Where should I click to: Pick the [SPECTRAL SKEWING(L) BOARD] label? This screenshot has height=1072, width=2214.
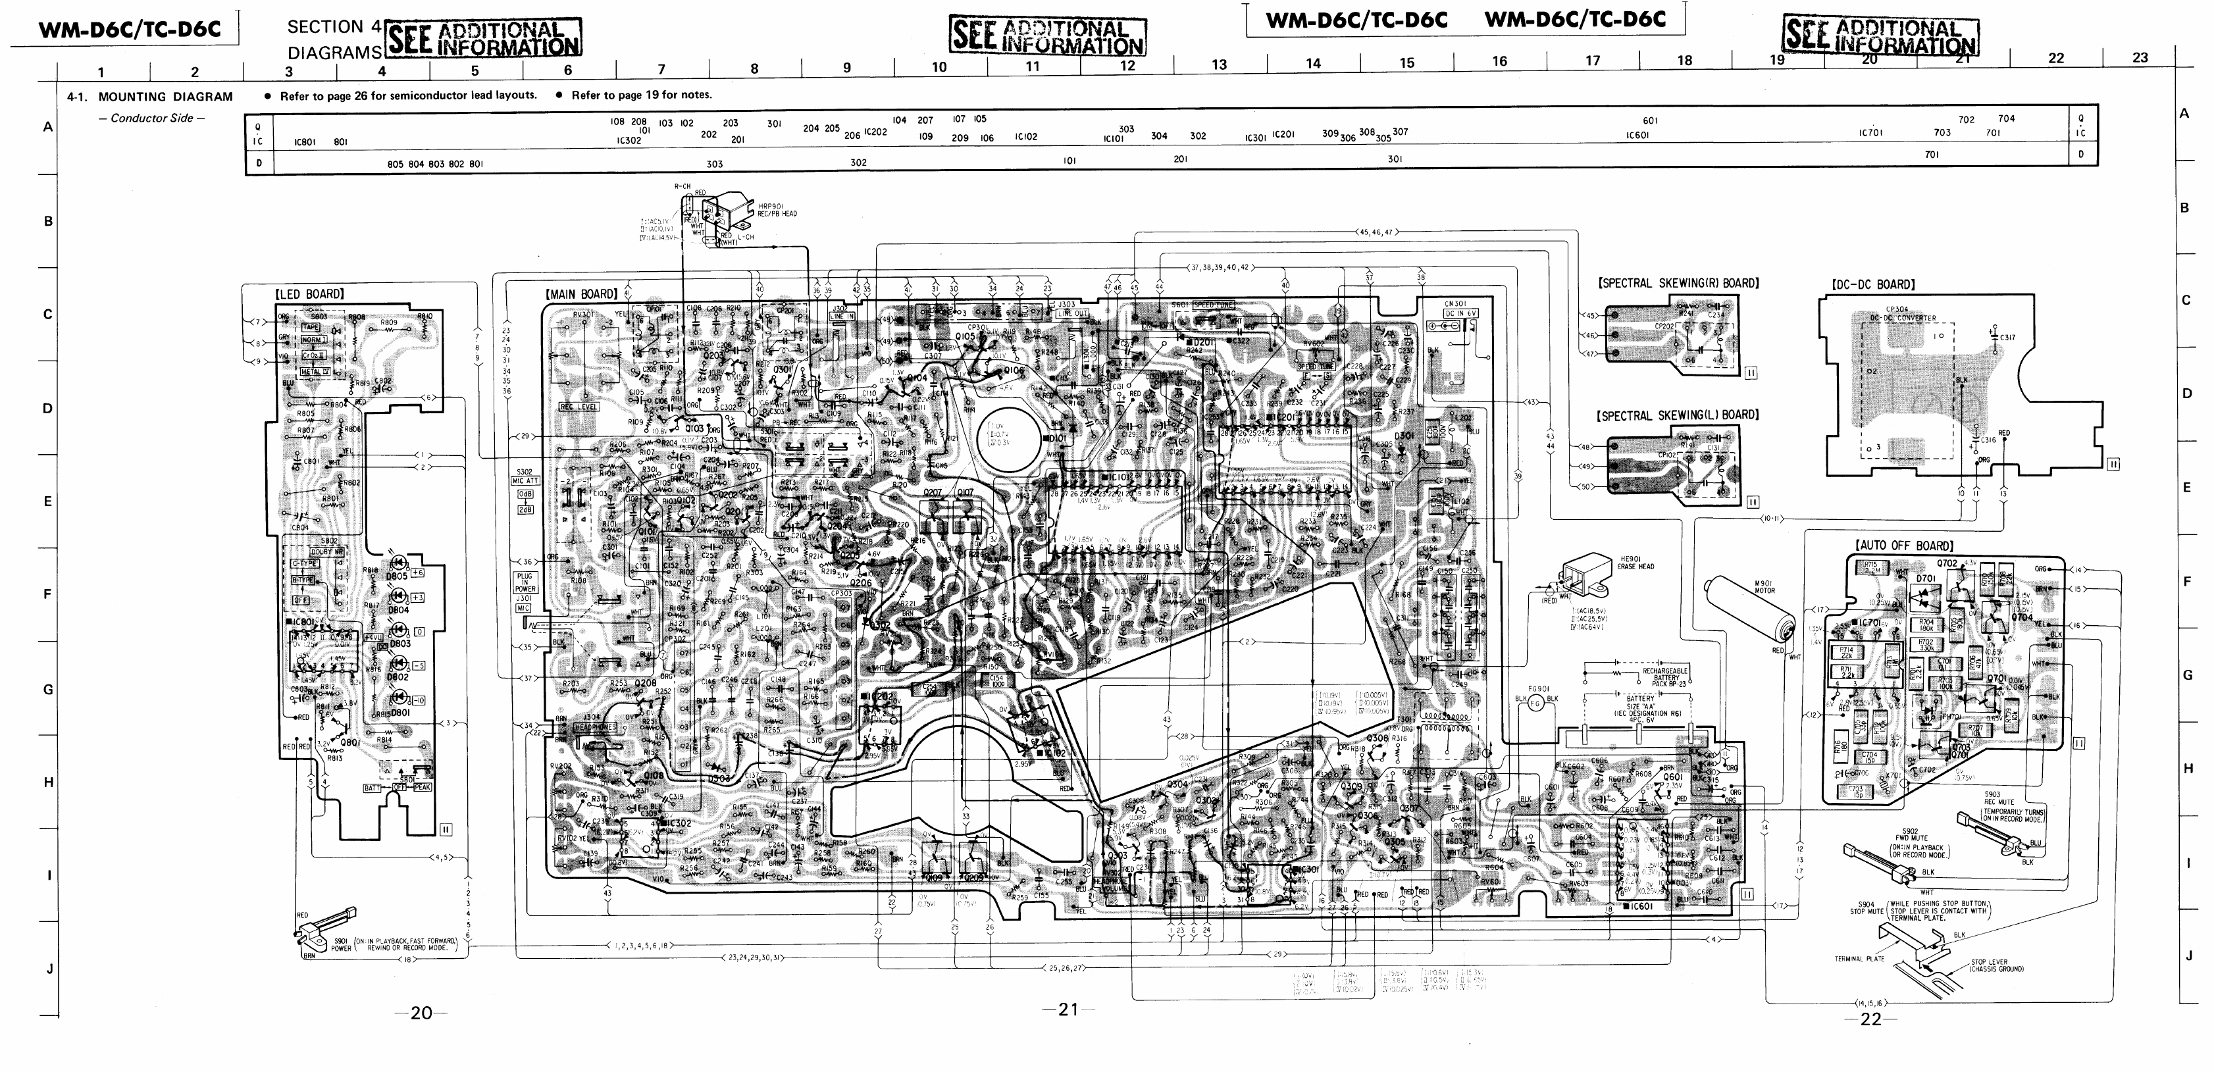1678,415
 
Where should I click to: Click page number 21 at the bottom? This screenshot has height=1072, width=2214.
1068,1010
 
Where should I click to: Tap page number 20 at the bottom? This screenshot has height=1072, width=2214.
421,1013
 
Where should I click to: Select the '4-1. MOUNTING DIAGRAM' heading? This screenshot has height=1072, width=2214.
151,96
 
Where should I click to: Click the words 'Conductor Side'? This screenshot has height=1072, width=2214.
152,118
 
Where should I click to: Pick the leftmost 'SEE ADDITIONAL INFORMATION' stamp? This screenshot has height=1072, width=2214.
484,39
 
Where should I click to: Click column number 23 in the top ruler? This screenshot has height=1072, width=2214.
2140,58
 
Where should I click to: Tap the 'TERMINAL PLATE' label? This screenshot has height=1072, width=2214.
1859,959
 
